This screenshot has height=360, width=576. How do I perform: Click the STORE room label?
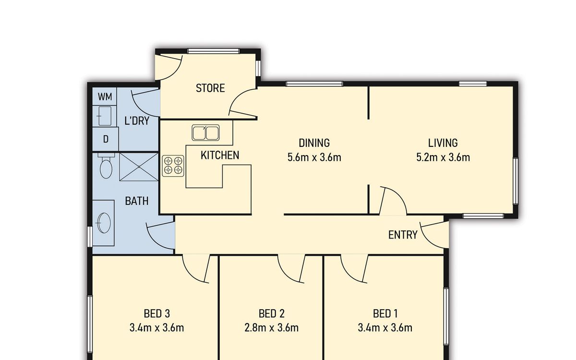tap(210, 88)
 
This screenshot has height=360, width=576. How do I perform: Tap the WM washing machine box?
tap(105, 96)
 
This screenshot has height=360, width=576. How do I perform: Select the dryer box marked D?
tap(106, 139)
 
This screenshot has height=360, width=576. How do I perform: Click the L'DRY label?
tap(137, 120)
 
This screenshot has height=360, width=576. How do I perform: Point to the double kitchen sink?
tap(205, 132)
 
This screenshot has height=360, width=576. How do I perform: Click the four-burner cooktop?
tap(173, 166)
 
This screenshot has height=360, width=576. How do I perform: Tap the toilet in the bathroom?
tap(106, 166)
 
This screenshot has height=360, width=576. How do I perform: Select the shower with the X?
tap(139, 167)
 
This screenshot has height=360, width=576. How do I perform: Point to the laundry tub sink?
tap(105, 116)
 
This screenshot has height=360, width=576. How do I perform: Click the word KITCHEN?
tap(220, 156)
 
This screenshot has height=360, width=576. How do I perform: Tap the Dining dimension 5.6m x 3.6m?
tap(314, 157)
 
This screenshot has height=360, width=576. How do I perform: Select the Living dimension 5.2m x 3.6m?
tap(443, 157)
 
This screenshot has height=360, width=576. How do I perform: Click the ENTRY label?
tap(403, 235)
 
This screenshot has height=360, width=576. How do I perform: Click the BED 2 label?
tap(272, 314)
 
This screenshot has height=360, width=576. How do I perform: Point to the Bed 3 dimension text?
tap(156, 328)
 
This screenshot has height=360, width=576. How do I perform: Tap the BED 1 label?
tap(385, 314)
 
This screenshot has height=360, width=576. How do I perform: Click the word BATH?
tap(137, 201)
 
